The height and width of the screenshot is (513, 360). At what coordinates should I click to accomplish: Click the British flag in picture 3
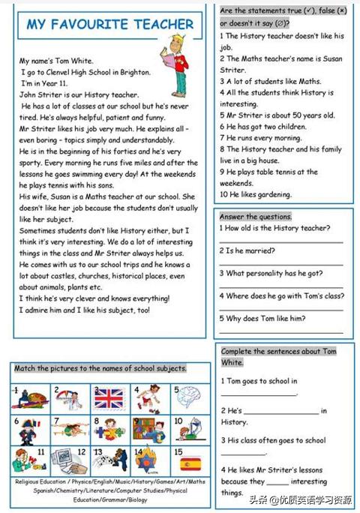click(x=109, y=397)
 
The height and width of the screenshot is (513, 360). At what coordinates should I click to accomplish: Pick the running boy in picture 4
click(x=148, y=398)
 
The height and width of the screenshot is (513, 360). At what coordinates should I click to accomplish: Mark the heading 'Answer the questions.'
click(x=255, y=216)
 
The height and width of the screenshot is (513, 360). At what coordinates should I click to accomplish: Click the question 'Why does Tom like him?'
click(x=262, y=318)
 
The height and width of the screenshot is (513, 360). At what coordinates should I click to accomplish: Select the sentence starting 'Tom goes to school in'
click(x=259, y=381)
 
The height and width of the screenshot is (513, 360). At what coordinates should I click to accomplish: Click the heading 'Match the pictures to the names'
click(x=101, y=368)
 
